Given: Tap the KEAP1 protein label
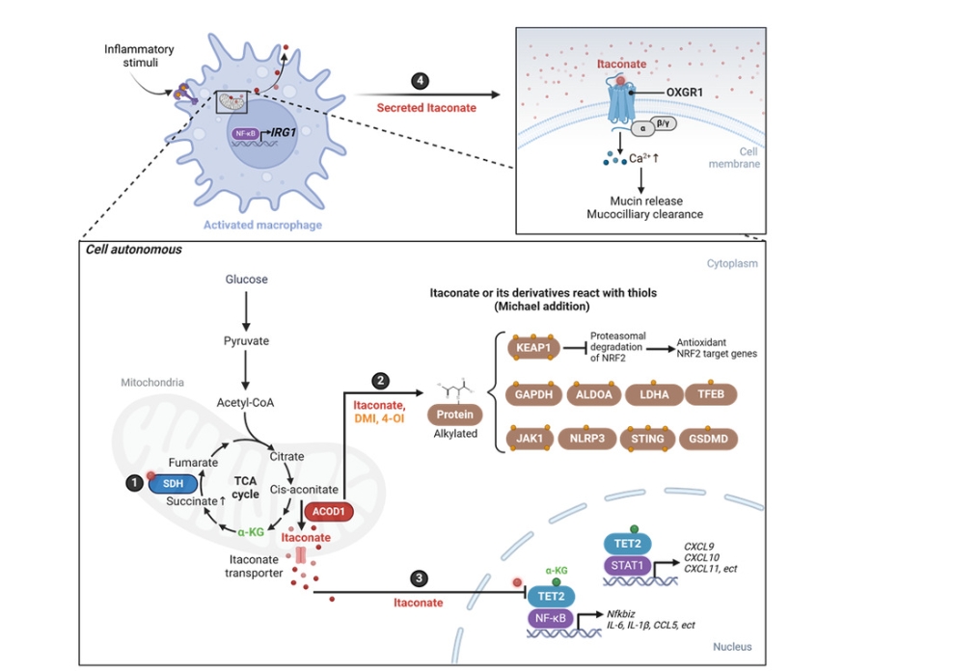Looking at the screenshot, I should click(x=531, y=346).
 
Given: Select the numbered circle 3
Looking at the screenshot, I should click(x=418, y=578).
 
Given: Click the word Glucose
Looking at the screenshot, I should click(x=247, y=280).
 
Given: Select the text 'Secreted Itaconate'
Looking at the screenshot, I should click(x=425, y=107).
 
